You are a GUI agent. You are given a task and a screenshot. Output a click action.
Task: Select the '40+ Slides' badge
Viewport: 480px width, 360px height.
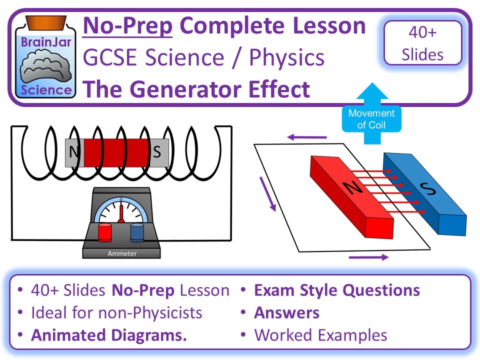click(x=422, y=43)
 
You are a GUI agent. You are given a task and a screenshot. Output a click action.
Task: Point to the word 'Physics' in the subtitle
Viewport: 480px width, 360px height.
click(x=286, y=58)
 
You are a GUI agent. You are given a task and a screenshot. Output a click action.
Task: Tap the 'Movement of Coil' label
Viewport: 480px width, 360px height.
click(x=371, y=119)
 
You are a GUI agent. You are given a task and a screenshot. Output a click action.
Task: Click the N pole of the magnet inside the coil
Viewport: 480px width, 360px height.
click(x=74, y=152)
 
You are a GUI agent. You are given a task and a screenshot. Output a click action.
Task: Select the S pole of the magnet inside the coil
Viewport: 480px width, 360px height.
click(x=157, y=152)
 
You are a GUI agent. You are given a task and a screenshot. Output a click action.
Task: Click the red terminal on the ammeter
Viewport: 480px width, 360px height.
click(x=105, y=232)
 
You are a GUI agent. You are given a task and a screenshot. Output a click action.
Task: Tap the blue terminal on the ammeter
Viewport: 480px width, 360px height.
click(x=137, y=232)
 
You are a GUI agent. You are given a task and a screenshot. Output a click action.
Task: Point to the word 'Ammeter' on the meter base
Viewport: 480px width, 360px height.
click(x=121, y=254)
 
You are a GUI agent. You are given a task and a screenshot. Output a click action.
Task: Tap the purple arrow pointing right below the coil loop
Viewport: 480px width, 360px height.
click(x=368, y=257)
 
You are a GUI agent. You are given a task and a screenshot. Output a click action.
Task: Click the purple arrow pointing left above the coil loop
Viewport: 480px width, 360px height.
click(x=306, y=135)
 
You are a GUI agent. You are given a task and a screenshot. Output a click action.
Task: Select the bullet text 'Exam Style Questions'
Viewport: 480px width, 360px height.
click(x=336, y=290)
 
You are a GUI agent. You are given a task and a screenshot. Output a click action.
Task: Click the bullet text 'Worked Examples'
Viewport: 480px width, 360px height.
click(x=320, y=335)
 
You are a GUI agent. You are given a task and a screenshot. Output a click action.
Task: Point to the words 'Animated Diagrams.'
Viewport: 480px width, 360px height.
click(x=109, y=335)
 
